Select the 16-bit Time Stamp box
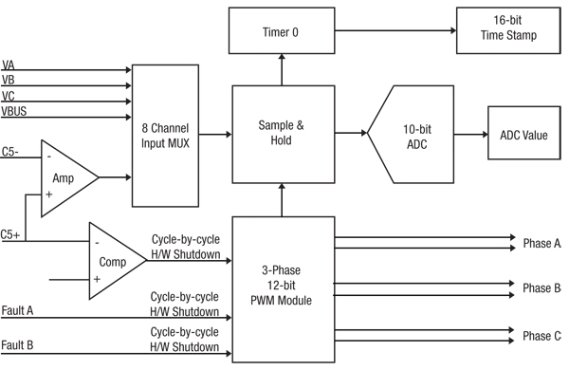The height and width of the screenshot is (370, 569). (509, 29)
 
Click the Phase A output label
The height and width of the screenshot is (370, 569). (541, 244)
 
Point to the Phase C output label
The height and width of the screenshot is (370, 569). (541, 336)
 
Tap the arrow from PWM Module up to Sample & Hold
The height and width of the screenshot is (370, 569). (280, 200)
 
